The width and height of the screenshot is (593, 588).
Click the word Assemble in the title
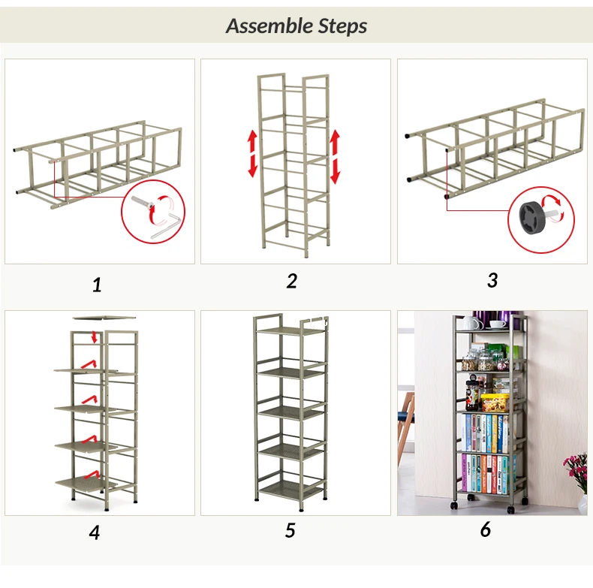click(x=269, y=26)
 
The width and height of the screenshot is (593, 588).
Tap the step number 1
click(x=97, y=285)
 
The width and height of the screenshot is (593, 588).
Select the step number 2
click(x=291, y=281)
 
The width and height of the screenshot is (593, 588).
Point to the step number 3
click(x=492, y=280)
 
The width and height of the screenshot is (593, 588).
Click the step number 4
click(x=95, y=532)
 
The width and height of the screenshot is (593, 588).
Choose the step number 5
click(x=290, y=530)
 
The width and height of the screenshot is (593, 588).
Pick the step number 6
click(x=486, y=529)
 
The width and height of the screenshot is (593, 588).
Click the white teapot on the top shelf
click(x=471, y=322)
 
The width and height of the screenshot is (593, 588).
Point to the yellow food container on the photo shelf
click(x=495, y=403)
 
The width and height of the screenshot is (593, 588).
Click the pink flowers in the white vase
click(x=575, y=470)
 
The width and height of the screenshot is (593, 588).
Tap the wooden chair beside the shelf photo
click(x=406, y=424)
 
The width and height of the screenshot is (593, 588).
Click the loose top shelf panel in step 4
click(x=104, y=318)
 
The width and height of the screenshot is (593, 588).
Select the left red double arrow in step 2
click(x=253, y=153)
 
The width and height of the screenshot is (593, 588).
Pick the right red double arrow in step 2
click(x=335, y=157)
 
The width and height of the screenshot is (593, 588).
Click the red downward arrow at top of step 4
click(x=95, y=336)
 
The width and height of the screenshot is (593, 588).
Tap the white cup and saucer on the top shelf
click(x=498, y=325)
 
